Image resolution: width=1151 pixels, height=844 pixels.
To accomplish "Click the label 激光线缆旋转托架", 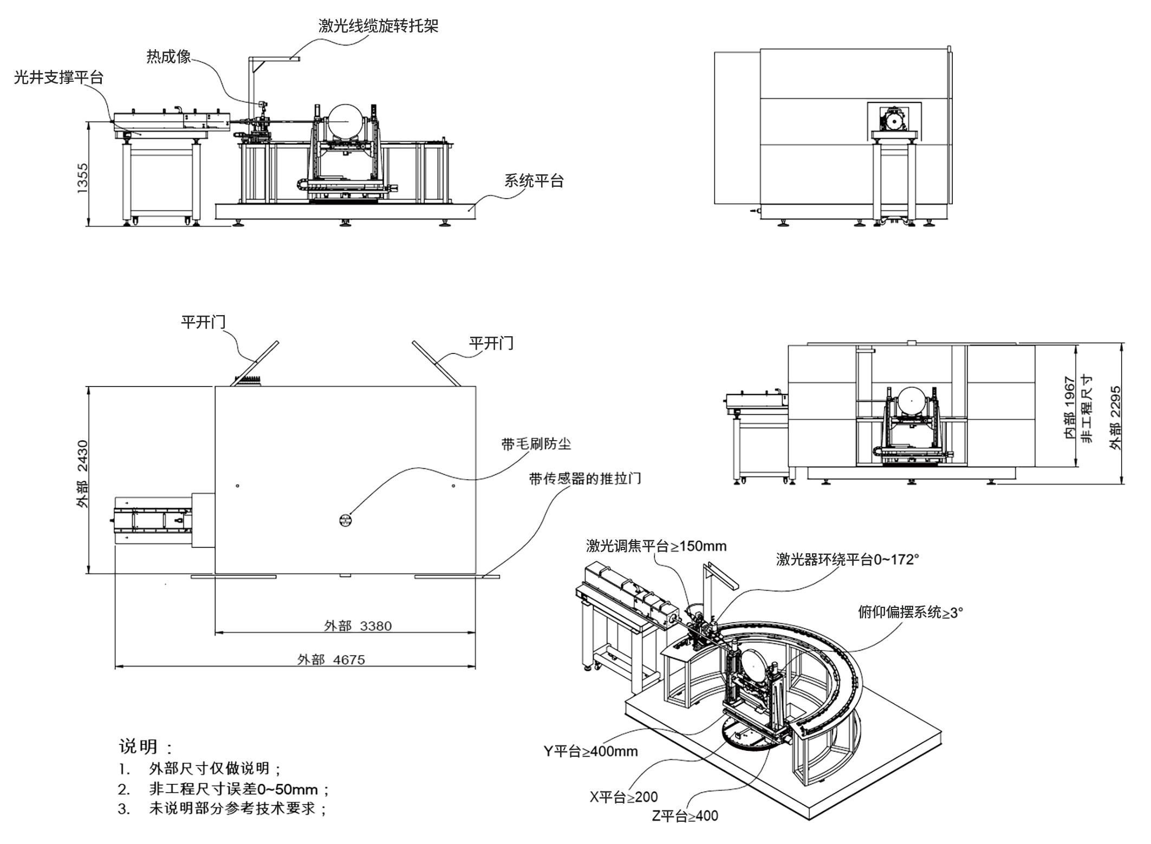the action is [378, 25].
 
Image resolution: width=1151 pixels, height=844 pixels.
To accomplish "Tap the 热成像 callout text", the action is [168, 57].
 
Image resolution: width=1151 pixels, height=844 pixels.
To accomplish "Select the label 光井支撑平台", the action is [58, 77].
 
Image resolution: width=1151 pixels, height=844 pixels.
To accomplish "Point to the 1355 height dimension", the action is [82, 178].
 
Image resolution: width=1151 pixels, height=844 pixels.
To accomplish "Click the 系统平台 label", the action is [534, 180].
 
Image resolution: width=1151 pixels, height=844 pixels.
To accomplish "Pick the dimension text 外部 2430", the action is [82, 474].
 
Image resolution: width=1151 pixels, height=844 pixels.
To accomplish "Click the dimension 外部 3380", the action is [357, 626].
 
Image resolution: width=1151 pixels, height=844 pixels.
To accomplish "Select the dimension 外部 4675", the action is [331, 659].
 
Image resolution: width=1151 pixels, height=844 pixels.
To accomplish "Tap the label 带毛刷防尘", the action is [536, 444].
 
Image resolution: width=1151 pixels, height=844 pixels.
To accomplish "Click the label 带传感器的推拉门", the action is [585, 479].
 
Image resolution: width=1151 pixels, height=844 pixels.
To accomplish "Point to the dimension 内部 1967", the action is [1069, 407].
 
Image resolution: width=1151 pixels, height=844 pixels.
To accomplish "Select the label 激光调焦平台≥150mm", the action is [656, 546].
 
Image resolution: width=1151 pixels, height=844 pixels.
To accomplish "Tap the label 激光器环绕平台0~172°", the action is [848, 559].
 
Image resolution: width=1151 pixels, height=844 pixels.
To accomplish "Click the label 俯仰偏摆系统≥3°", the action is [911, 612].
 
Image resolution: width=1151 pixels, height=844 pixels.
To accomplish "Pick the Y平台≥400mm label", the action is [590, 751].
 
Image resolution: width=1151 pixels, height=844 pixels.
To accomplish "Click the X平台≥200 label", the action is [623, 796].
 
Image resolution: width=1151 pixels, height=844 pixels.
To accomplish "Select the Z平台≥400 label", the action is [685, 815].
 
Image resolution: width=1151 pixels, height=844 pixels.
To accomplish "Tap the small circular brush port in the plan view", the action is [345, 520].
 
